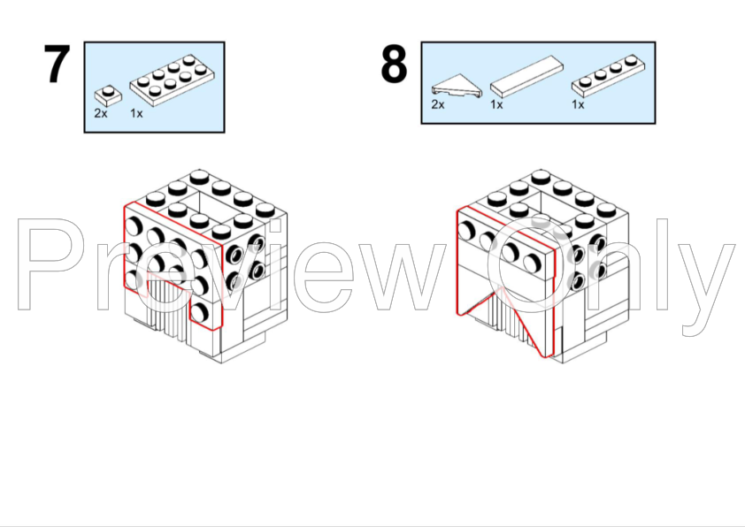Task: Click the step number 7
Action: pos(57,65)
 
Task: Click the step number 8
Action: pos(394,65)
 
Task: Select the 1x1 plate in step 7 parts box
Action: pos(108,95)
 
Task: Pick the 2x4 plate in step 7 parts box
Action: pos(172,80)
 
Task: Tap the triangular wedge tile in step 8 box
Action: pos(457,86)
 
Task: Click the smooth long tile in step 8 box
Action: pos(526,76)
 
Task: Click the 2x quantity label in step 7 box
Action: pos(101,113)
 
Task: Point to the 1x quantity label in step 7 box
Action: pos(136,113)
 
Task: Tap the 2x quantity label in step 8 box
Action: pos(438,104)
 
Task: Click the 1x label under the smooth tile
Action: pos(496,104)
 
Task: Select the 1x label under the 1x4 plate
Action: pos(578,104)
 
